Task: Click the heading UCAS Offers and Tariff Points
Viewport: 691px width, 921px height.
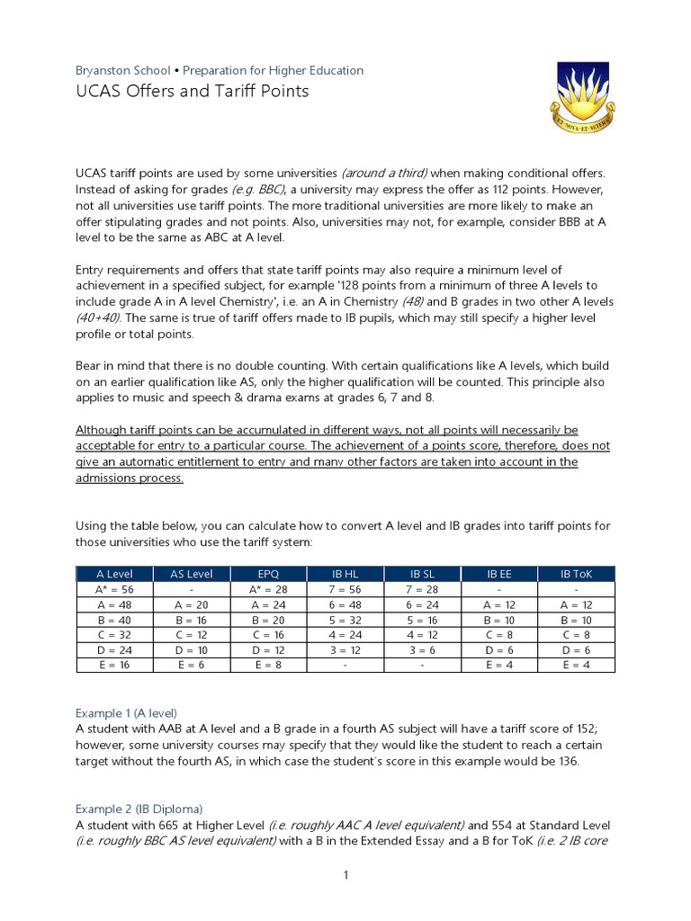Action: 192,91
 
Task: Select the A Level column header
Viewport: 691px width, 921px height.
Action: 113,573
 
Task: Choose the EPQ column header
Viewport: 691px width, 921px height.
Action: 268,573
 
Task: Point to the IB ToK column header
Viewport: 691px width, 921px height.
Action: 576,573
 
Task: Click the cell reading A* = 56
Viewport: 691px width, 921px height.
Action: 113,588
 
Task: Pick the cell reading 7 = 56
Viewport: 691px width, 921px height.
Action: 345,588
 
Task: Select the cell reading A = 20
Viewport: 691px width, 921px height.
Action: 191,604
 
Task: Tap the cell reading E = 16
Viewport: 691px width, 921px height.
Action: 113,665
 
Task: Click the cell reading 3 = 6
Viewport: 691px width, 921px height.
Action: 422,649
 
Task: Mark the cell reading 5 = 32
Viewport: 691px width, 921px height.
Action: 345,620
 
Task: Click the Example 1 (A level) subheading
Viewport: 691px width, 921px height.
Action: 126,711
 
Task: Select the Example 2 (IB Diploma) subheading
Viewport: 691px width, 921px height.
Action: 139,808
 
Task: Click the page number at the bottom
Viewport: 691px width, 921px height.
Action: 345,876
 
